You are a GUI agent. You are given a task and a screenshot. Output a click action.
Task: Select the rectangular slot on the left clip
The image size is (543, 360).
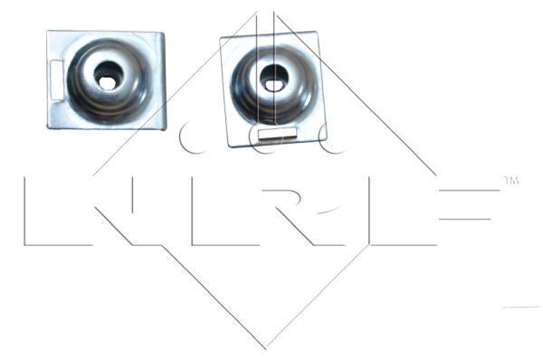point(55,78)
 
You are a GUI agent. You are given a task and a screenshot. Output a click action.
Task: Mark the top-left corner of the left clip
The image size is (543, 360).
point(49,32)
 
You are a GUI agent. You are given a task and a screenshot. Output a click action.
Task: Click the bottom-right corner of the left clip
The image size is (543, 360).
point(165,128)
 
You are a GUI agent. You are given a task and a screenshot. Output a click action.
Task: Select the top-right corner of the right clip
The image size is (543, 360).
point(317,33)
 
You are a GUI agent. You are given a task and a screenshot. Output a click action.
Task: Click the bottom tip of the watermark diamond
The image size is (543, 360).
point(266,349)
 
